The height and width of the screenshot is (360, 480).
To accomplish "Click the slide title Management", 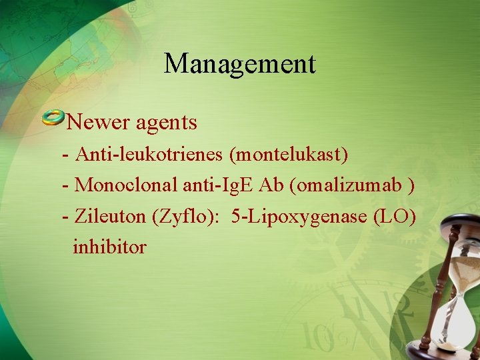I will pos(240,64).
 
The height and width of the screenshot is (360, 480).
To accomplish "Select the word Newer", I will pos(98,122).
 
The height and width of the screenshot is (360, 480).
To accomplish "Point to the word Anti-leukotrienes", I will pos(150,155).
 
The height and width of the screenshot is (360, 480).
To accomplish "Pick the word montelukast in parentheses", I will pos(289,155).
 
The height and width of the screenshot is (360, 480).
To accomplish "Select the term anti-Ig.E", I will pos(222,184).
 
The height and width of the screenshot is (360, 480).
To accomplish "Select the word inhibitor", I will pos(110,247).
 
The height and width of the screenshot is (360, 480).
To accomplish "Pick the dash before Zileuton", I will pos(65,216).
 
